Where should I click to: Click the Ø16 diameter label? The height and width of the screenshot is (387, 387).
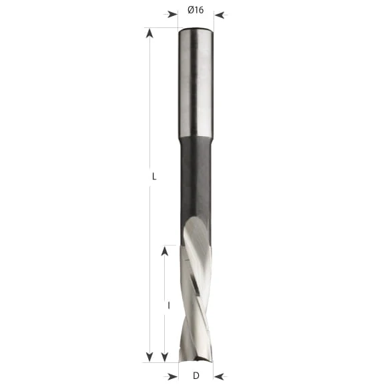pyautogui.click(x=196, y=10)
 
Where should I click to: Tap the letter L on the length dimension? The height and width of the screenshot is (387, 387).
pyautogui.click(x=154, y=176)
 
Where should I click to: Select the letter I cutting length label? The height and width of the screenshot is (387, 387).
pyautogui.click(x=169, y=306)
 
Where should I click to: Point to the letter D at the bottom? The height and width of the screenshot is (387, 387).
pyautogui.click(x=196, y=376)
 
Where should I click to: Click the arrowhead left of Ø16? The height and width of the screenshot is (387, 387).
pyautogui.click(x=173, y=14)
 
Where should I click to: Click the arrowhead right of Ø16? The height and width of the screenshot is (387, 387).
pyautogui.click(x=219, y=15)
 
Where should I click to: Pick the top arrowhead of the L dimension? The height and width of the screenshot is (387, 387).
pyautogui.click(x=149, y=33)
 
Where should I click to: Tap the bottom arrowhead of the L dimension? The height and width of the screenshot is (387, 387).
pyautogui.click(x=149, y=357)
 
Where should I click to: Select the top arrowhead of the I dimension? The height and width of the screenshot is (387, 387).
pyautogui.click(x=165, y=252)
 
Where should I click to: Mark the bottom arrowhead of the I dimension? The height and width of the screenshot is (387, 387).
pyautogui.click(x=165, y=357)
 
